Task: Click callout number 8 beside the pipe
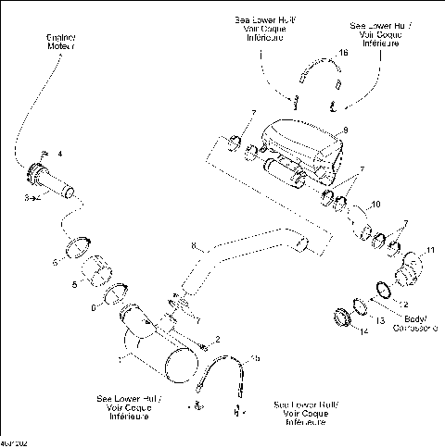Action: tap(193, 246)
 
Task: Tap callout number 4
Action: tap(60, 153)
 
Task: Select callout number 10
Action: tap(375, 204)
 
